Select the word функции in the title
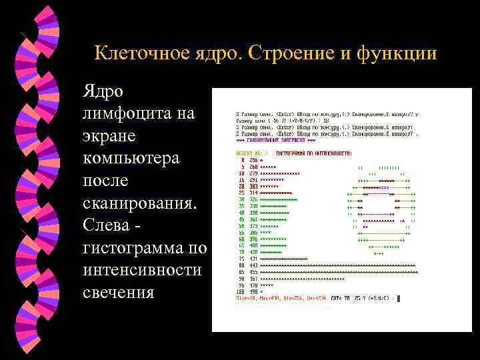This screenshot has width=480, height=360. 399,53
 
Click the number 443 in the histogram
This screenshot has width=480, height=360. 253,266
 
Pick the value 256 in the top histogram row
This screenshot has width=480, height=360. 253,161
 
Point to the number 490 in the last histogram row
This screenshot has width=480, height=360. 253,291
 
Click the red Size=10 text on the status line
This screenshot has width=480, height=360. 246,298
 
